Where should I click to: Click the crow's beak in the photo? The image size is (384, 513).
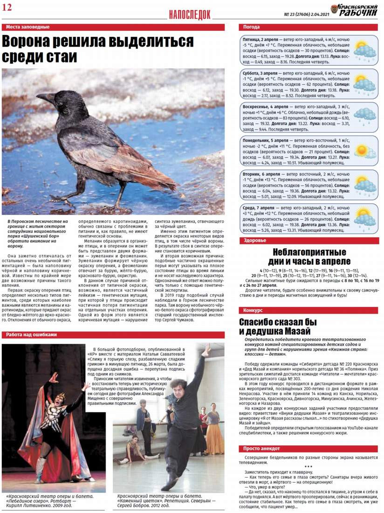pos(44,97)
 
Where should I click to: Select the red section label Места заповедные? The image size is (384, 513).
pos(27,27)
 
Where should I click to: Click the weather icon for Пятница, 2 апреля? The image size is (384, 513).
pos(364,50)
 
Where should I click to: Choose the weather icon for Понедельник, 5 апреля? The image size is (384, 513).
pos(364,151)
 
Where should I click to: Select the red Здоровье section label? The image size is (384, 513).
pos(255,241)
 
